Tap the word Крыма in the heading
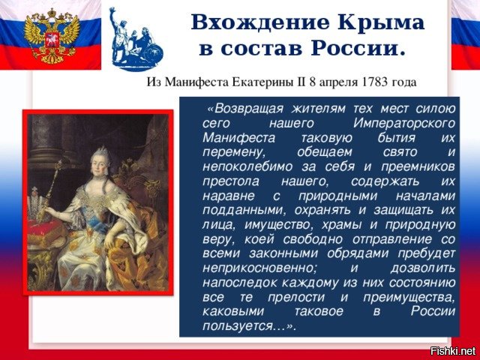[x=381, y=22]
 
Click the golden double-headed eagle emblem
[x=52, y=36]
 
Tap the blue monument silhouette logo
[x=136, y=40]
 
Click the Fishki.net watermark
[x=453, y=351]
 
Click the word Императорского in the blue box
[x=404, y=124]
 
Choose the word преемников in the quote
[x=418, y=167]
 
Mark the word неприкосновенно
[x=259, y=268]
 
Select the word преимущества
[x=409, y=298]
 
